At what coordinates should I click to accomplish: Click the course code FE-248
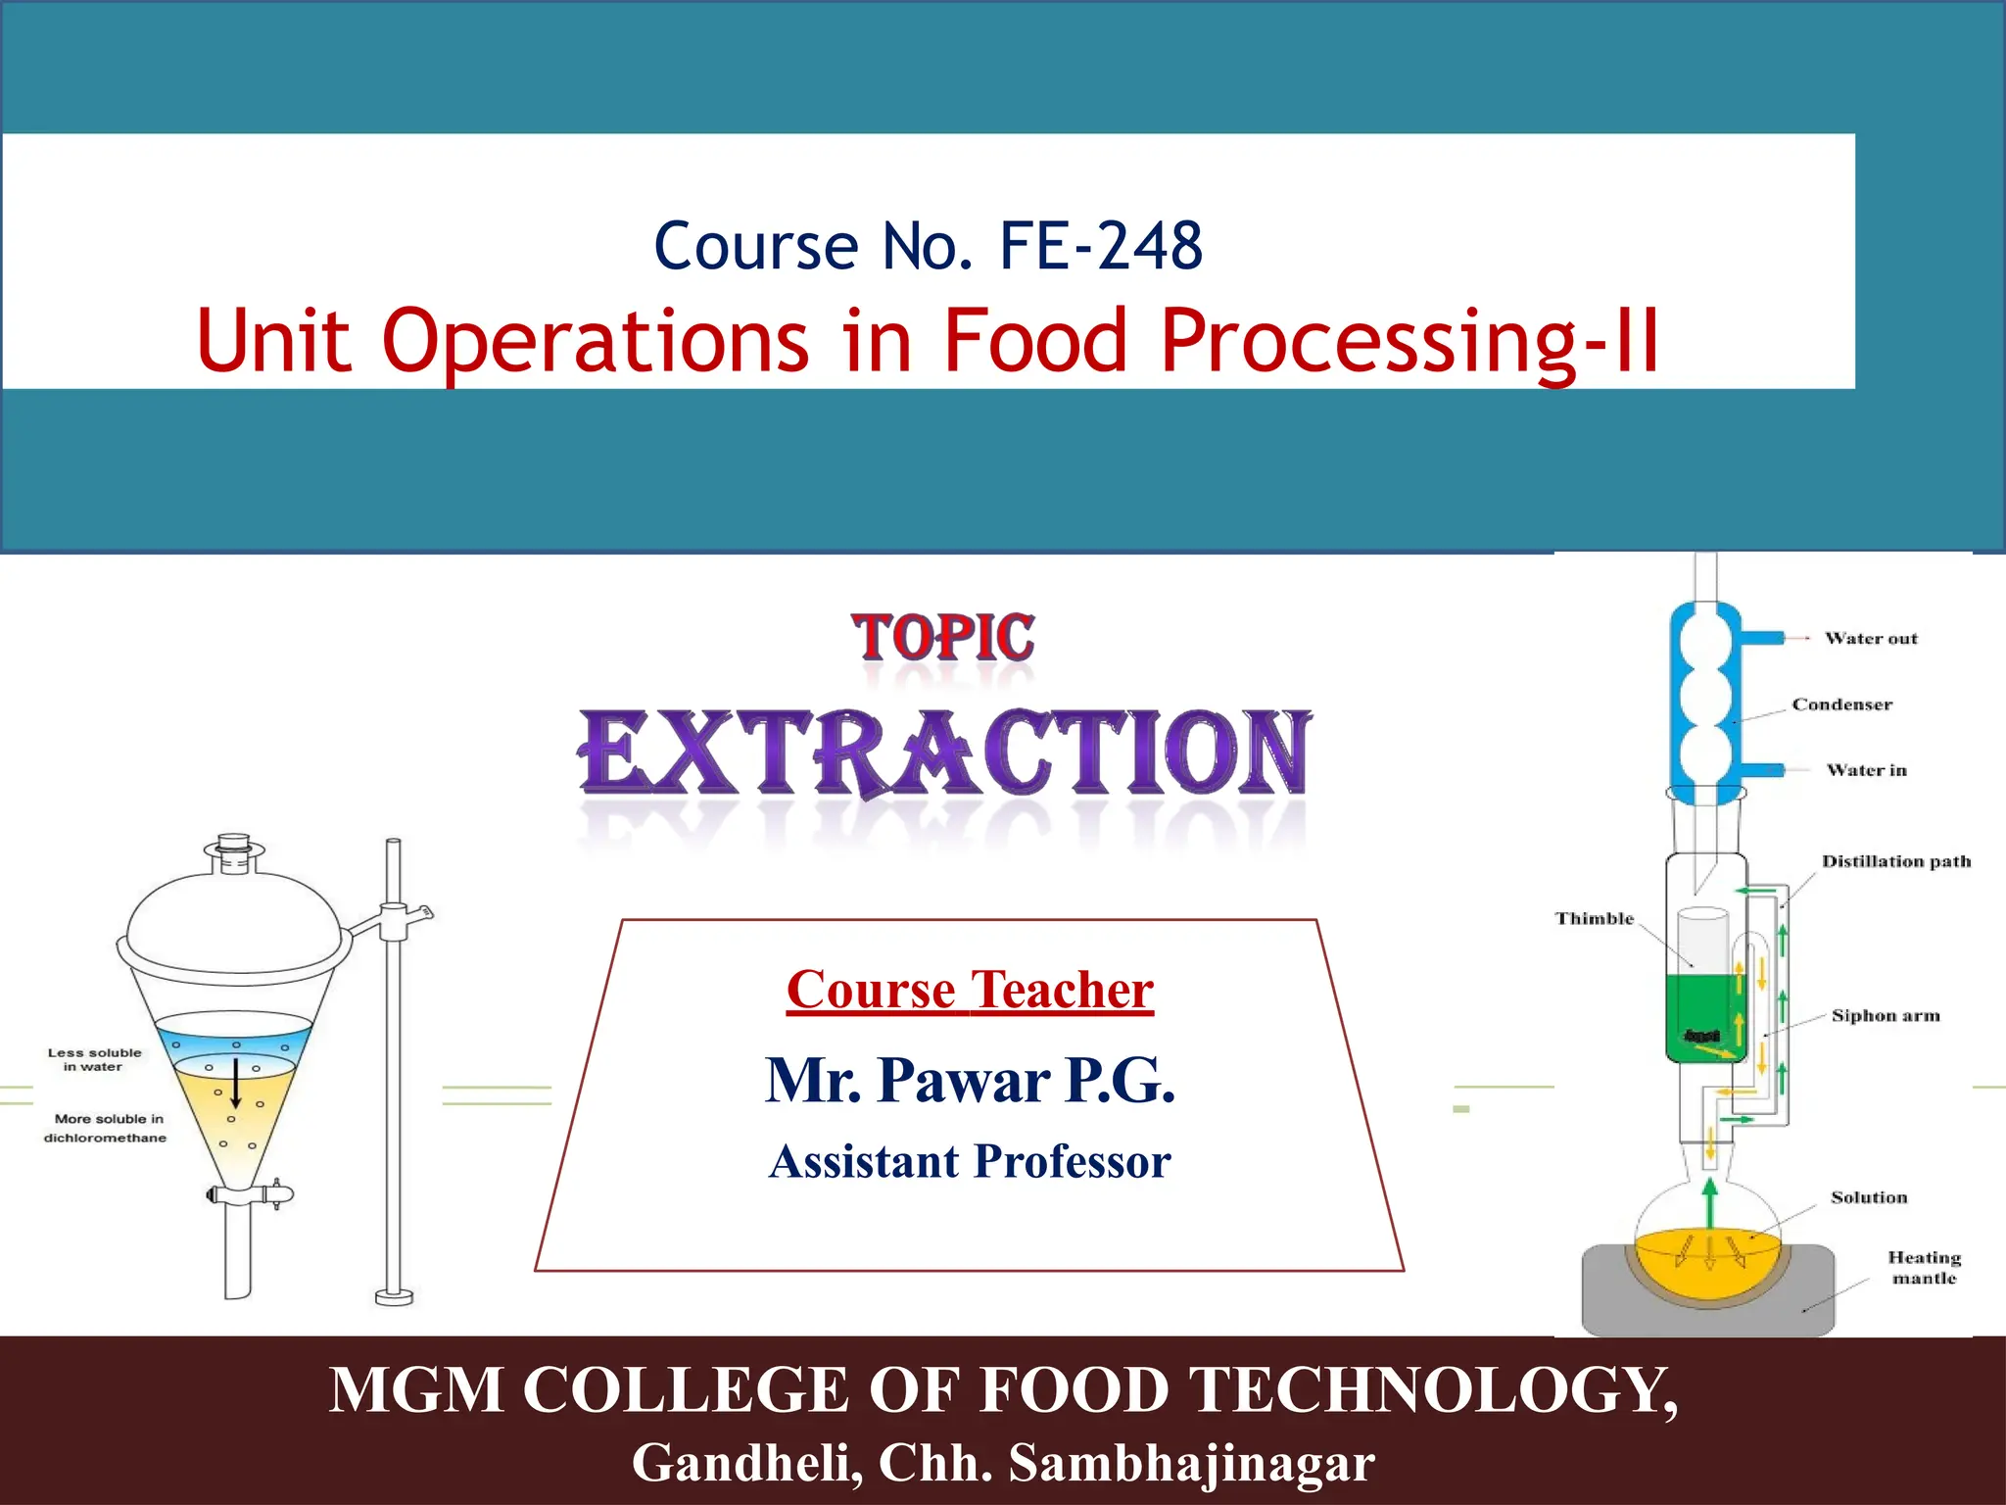[x=1100, y=246]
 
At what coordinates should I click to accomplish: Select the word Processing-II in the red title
[x=1409, y=341]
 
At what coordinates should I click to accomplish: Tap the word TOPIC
[x=942, y=638]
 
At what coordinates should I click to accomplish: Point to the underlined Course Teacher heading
[x=970, y=990]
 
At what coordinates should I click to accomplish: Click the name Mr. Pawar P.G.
[x=970, y=1081]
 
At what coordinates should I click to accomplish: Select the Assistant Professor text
[x=970, y=1162]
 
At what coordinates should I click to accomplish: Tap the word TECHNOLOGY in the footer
[x=1425, y=1390]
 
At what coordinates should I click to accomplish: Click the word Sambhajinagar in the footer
[x=1191, y=1463]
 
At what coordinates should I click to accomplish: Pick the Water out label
[x=1871, y=639]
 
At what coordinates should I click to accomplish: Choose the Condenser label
[x=1841, y=704]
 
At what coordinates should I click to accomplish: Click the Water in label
[x=1866, y=770]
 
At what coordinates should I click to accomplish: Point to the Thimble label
[x=1594, y=919]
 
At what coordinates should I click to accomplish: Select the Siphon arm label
[x=1885, y=1016]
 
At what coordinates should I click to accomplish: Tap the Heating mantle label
[x=1924, y=1268]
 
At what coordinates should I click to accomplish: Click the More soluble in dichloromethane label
[x=106, y=1129]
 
